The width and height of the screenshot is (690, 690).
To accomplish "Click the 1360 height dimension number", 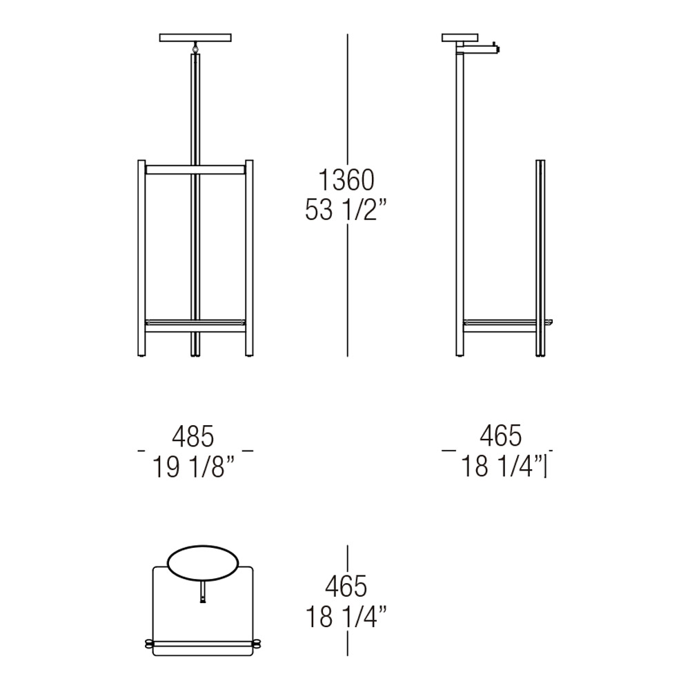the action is (x=346, y=180).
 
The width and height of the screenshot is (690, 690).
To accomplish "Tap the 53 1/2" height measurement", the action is (x=346, y=210).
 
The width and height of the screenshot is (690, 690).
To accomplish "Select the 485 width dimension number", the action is (x=193, y=436).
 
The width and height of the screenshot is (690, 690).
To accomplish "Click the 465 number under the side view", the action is (x=501, y=435).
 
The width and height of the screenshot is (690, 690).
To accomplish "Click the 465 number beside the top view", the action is (x=346, y=586).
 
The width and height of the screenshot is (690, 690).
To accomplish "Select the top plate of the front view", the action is (x=195, y=38).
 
